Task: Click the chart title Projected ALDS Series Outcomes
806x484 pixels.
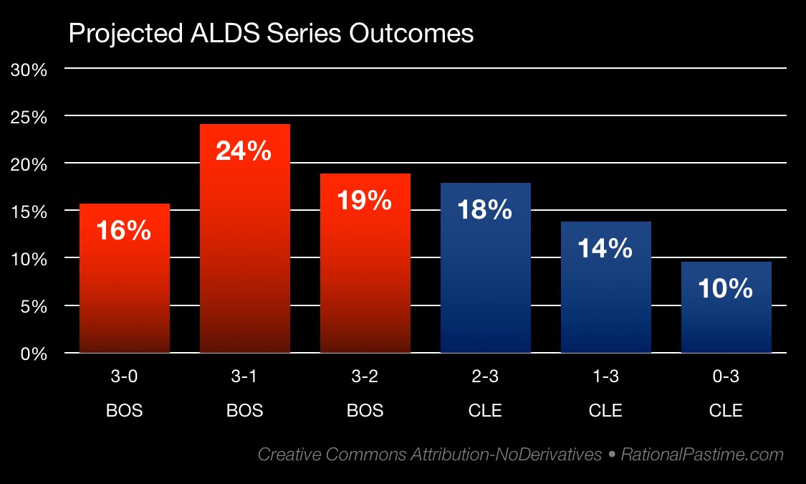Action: tap(271, 33)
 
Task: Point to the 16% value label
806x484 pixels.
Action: tap(124, 230)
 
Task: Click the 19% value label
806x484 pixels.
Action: tap(365, 200)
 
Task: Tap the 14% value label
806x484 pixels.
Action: tap(605, 248)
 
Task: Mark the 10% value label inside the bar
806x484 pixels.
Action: tap(726, 288)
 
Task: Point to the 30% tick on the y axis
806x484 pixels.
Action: tap(29, 70)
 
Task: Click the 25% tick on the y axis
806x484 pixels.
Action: tap(29, 117)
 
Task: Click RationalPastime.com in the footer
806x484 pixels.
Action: tap(702, 454)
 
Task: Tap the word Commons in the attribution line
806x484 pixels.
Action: tap(365, 454)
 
